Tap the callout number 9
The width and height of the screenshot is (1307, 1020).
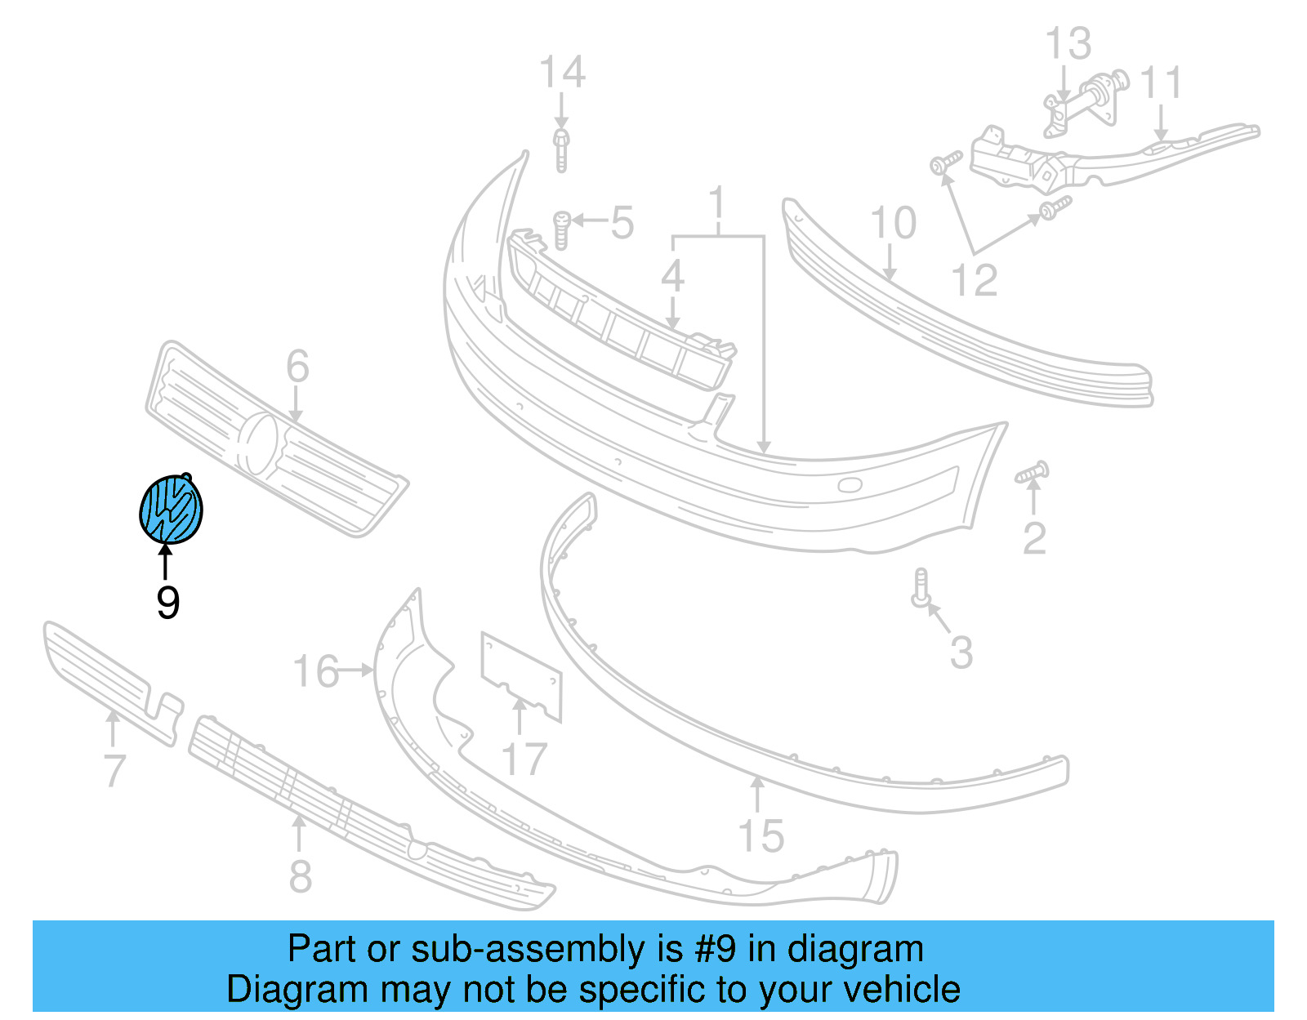click(167, 603)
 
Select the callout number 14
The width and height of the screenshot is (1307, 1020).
click(562, 73)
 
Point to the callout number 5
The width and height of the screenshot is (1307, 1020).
click(622, 223)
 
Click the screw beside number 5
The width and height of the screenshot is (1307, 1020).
click(561, 229)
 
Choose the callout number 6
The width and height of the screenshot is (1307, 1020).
click(298, 366)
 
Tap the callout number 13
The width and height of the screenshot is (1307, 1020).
click(1068, 44)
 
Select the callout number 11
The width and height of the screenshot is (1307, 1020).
click(1161, 83)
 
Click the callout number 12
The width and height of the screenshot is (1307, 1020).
click(975, 281)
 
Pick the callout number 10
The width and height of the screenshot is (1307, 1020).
click(893, 223)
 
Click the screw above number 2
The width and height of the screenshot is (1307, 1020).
click(1033, 473)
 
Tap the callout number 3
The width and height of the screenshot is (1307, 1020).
click(961, 652)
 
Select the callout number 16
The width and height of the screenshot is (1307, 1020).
click(315, 671)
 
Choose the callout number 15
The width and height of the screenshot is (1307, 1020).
click(761, 836)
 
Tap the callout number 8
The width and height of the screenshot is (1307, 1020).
click(301, 876)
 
